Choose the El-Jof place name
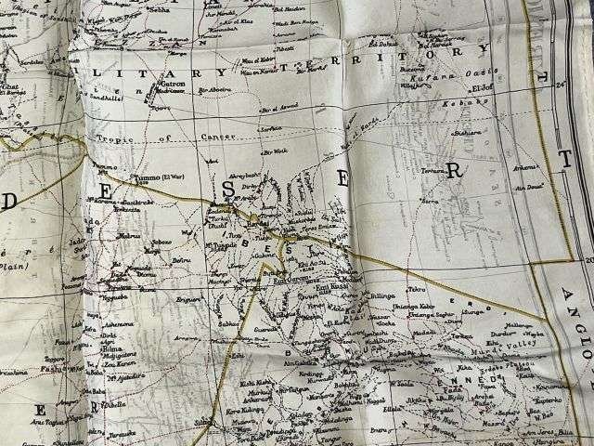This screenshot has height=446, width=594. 478,89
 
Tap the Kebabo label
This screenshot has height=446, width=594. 459,108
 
